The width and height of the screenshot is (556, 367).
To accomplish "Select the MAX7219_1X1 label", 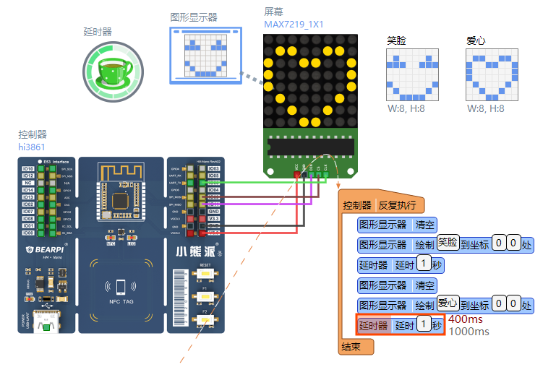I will [x=294, y=25].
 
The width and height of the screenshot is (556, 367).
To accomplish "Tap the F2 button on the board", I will [x=205, y=319].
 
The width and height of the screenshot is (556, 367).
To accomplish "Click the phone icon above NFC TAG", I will [x=120, y=286].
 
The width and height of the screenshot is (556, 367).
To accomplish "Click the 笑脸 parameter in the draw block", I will [x=448, y=243].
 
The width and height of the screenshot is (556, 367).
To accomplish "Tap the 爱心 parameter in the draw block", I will [x=448, y=304].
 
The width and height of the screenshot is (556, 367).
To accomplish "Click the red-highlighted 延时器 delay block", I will [x=399, y=326].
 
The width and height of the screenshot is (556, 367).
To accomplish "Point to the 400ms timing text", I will [x=466, y=319].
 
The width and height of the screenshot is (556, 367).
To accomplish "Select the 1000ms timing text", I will [x=469, y=332].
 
